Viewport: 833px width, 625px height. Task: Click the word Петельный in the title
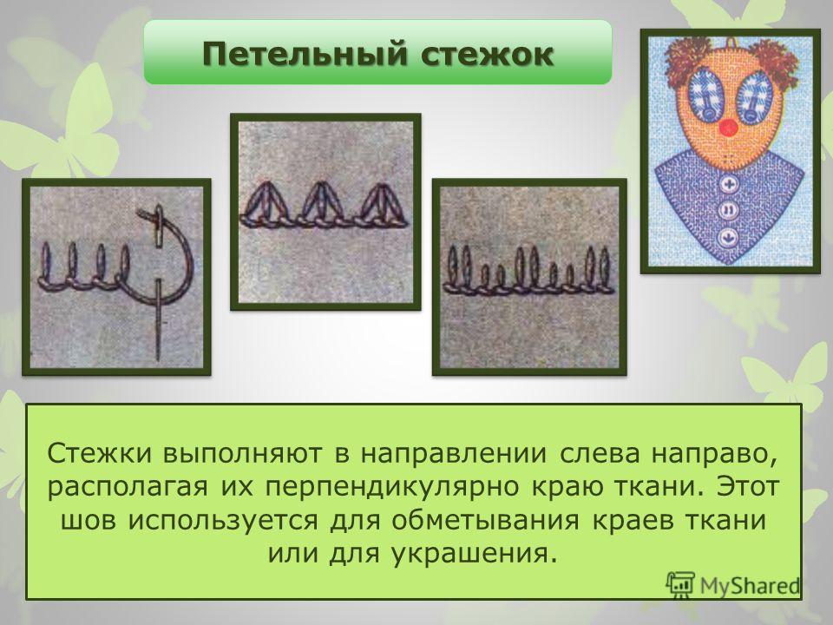(305, 54)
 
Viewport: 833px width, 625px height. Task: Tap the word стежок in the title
(487, 54)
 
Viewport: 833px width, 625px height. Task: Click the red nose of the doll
(728, 127)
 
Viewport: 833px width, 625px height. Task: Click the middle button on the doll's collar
(727, 210)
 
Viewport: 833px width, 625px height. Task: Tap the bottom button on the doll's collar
(726, 236)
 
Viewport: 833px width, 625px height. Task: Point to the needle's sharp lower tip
(158, 359)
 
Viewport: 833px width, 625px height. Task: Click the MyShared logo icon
(680, 585)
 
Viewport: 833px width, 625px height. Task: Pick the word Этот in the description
(748, 486)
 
